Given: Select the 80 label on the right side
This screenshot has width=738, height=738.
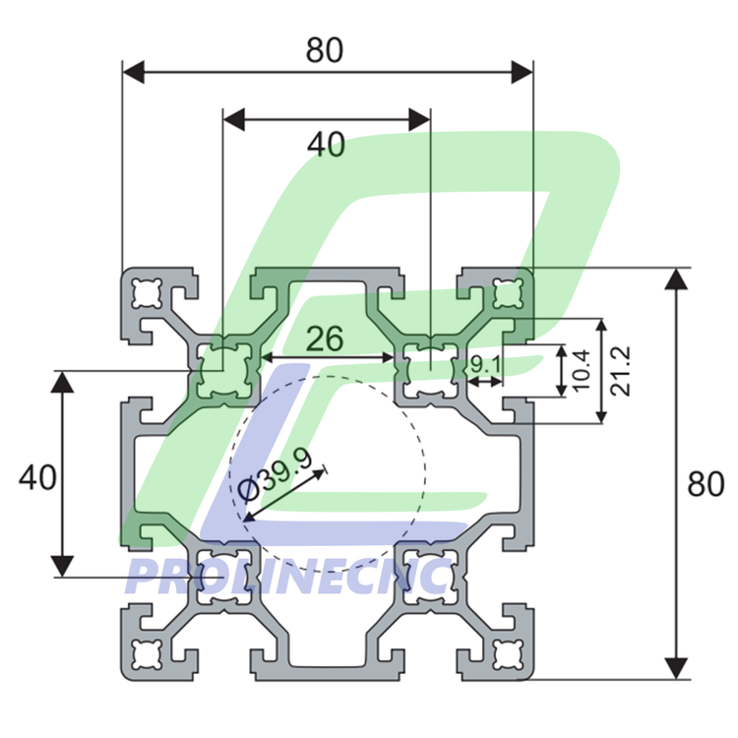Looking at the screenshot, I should [706, 484].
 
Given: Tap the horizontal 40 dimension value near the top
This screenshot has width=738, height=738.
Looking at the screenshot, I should [327, 145].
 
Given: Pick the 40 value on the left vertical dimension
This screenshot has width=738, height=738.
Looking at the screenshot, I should [37, 478].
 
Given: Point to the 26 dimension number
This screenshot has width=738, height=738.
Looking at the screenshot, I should [323, 339].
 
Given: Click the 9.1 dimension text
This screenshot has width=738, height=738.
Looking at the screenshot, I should [485, 365].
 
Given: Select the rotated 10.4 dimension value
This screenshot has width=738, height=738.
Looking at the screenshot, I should [582, 370].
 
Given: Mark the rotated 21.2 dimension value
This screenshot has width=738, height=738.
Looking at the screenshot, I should [620, 371].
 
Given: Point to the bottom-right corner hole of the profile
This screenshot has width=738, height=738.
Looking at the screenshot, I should [507, 653].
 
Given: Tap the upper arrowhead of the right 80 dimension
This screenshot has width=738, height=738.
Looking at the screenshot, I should [675, 278].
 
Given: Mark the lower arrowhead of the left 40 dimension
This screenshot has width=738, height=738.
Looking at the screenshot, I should [63, 565].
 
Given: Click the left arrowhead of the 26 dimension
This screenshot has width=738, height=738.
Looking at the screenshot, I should [269, 357].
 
